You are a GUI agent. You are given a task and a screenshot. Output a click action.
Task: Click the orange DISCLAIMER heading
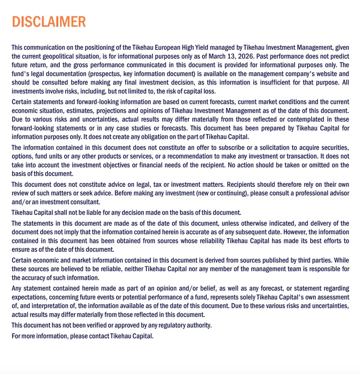click(x=49, y=22)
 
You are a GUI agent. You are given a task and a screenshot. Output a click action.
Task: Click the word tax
click(x=157, y=185)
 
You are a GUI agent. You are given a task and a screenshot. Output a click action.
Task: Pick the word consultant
click(x=85, y=202)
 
